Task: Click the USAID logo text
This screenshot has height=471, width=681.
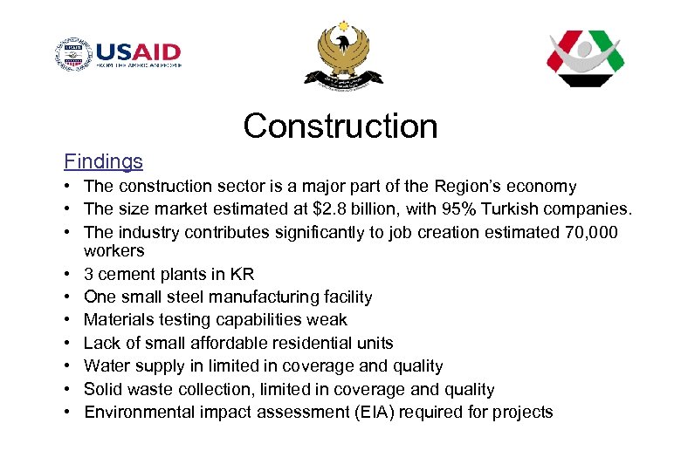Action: (x=138, y=51)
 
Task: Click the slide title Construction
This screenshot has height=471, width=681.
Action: (x=340, y=126)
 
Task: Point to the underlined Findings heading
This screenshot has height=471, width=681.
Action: (x=103, y=161)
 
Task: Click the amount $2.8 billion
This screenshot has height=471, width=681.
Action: (x=341, y=209)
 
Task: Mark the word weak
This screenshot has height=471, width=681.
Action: (x=327, y=320)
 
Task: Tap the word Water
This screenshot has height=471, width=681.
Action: (x=107, y=366)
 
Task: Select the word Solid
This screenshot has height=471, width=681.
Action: (x=104, y=389)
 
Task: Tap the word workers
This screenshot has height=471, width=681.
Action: (x=113, y=251)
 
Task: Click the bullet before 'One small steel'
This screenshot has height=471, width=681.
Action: (x=67, y=297)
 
